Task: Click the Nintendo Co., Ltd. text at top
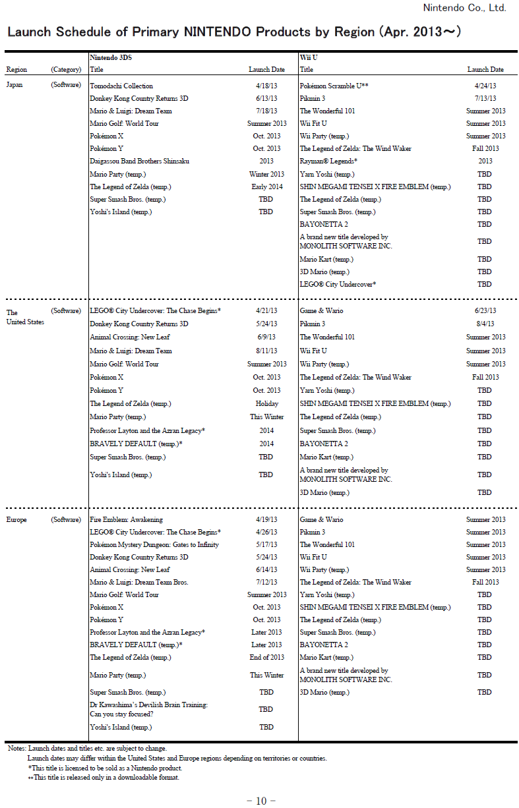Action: [x=464, y=8]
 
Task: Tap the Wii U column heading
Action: [x=309, y=58]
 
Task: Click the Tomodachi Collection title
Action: [x=121, y=86]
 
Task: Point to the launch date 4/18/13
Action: [x=266, y=86]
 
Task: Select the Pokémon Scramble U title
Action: [x=334, y=86]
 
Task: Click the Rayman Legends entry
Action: [x=328, y=161]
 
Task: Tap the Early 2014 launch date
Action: [x=266, y=187]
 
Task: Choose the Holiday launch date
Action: [x=266, y=403]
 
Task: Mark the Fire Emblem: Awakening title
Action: [x=126, y=519]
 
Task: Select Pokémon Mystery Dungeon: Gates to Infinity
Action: [x=154, y=544]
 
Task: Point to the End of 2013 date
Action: [x=266, y=657]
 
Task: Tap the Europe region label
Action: [x=17, y=519]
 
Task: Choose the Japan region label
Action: [x=15, y=85]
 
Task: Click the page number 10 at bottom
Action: [x=260, y=801]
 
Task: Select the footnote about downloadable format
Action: [x=104, y=777]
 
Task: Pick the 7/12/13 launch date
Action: [x=266, y=582]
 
